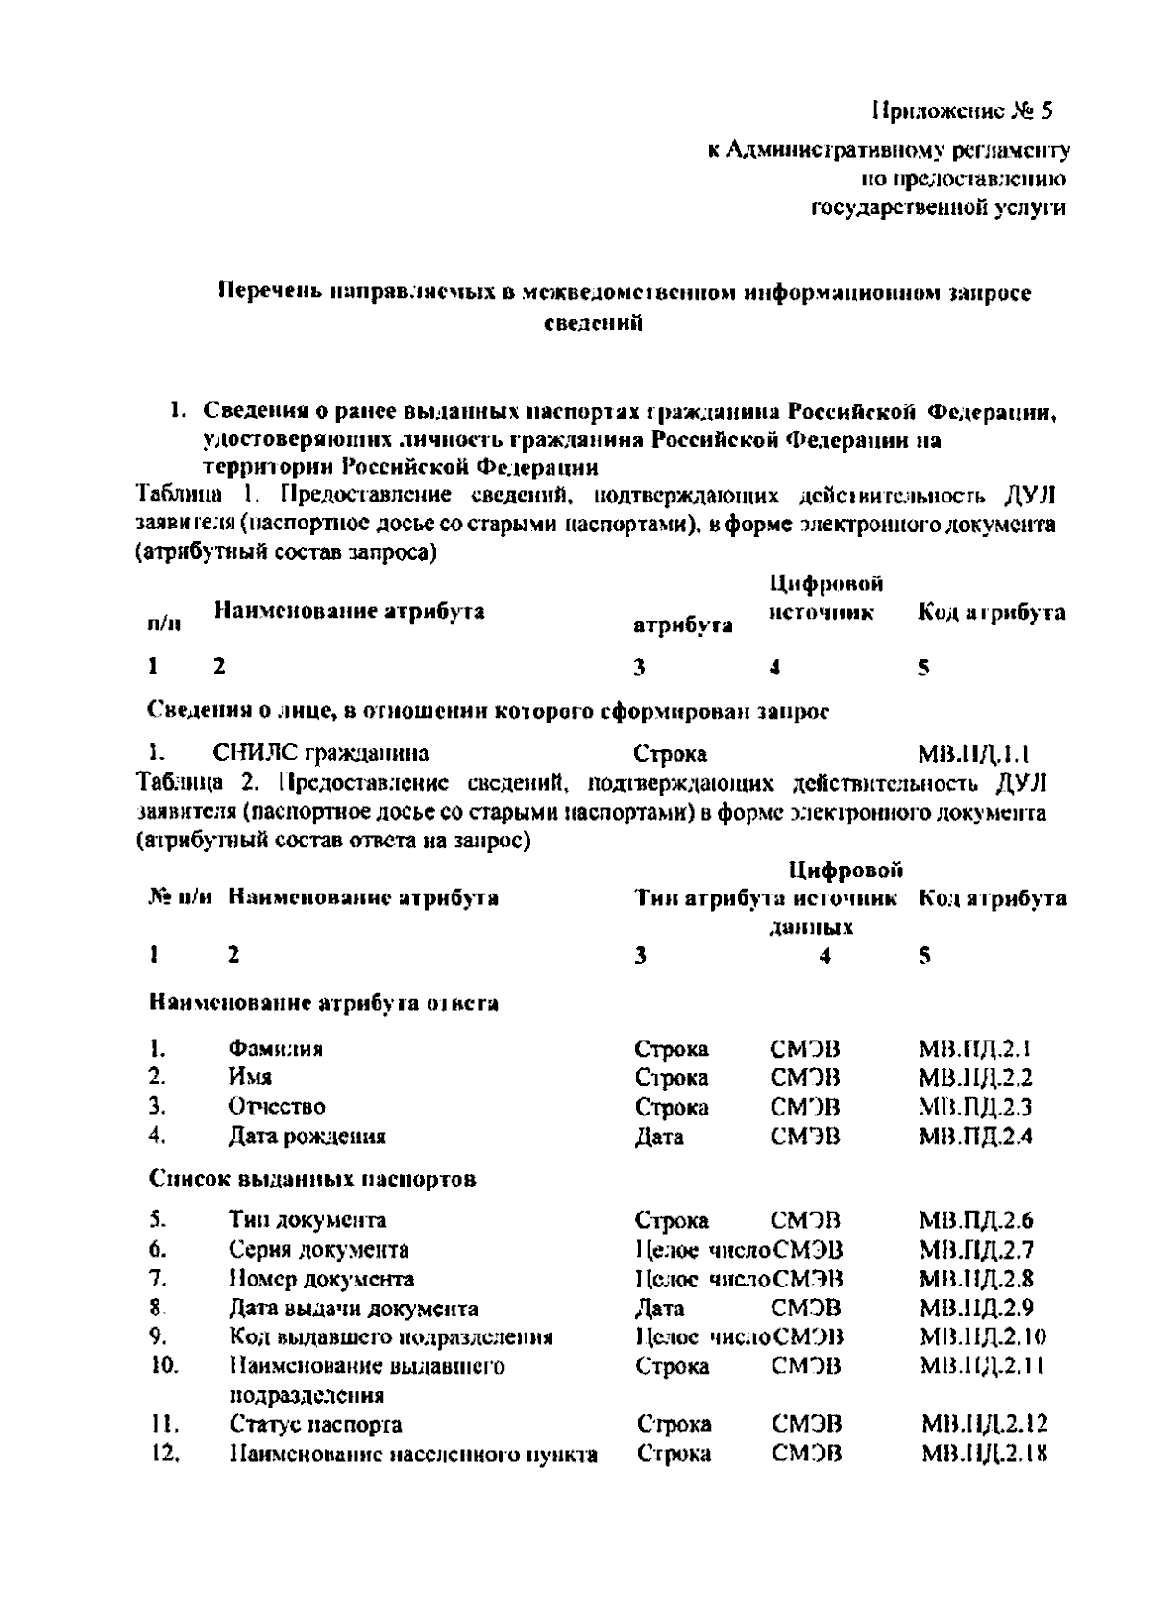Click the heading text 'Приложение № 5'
coord(963,111)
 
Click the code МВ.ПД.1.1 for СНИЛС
coord(974,753)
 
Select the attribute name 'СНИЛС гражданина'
coord(321,752)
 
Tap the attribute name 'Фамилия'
coord(275,1048)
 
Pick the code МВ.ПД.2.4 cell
coord(975,1137)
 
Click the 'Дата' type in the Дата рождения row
coord(659,1137)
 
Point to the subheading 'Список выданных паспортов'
coord(312,1179)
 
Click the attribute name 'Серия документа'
coord(318,1250)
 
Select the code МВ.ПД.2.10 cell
coord(982,1336)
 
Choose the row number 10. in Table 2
coord(164,1365)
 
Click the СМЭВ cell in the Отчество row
coord(805,1108)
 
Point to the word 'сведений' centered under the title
coord(593,323)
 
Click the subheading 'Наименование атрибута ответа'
coord(324,1004)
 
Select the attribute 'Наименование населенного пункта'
coord(413,1454)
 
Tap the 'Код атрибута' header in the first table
coord(992,612)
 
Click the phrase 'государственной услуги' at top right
coord(939,208)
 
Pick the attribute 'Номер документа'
coord(321,1279)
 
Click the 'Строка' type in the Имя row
coord(672,1078)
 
